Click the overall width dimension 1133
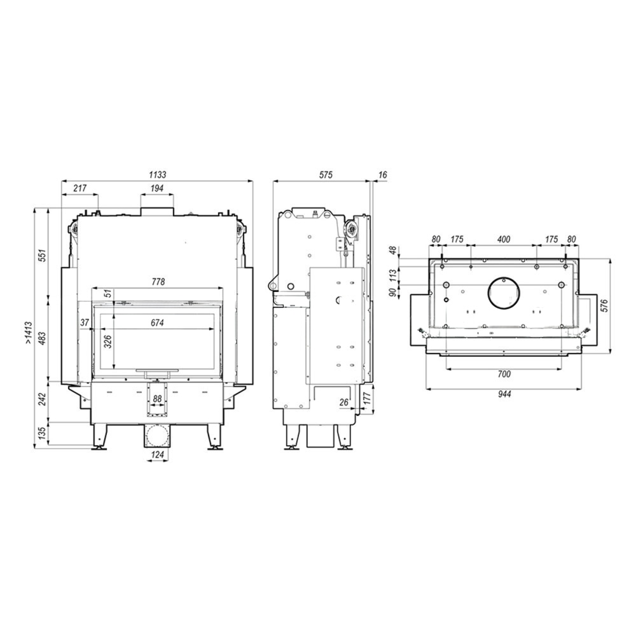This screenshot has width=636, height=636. pyautogui.click(x=157, y=175)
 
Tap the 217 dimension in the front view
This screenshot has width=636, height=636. pyautogui.click(x=80, y=188)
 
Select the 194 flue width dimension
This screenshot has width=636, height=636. pyautogui.click(x=157, y=188)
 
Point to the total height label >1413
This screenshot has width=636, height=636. pyautogui.click(x=29, y=333)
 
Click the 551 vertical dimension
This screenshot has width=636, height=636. pyautogui.click(x=43, y=255)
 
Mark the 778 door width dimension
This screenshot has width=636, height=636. pyautogui.click(x=157, y=282)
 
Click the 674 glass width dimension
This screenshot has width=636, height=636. pyautogui.click(x=157, y=323)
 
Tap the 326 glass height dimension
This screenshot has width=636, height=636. pyautogui.click(x=108, y=342)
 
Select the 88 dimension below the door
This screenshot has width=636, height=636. pyautogui.click(x=156, y=399)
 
